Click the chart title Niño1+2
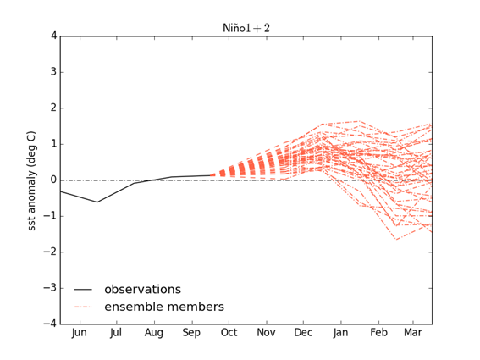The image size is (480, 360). [246, 27]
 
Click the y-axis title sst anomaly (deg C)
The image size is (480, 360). [32, 180]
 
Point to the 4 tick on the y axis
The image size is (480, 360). [52, 36]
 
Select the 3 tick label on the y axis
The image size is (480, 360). [52, 72]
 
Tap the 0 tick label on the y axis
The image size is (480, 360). [52, 180]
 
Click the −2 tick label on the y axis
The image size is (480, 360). [50, 252]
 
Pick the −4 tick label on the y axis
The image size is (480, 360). [50, 324]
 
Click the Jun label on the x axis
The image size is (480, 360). [79, 334]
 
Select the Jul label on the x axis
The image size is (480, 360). [116, 334]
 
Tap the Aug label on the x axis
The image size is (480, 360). [153, 334]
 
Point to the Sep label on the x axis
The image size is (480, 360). [190, 334]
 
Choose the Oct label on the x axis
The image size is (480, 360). [229, 334]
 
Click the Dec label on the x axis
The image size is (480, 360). [303, 334]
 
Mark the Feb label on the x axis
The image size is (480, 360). [378, 334]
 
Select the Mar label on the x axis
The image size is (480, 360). [413, 334]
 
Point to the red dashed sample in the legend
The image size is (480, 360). [83, 307]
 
